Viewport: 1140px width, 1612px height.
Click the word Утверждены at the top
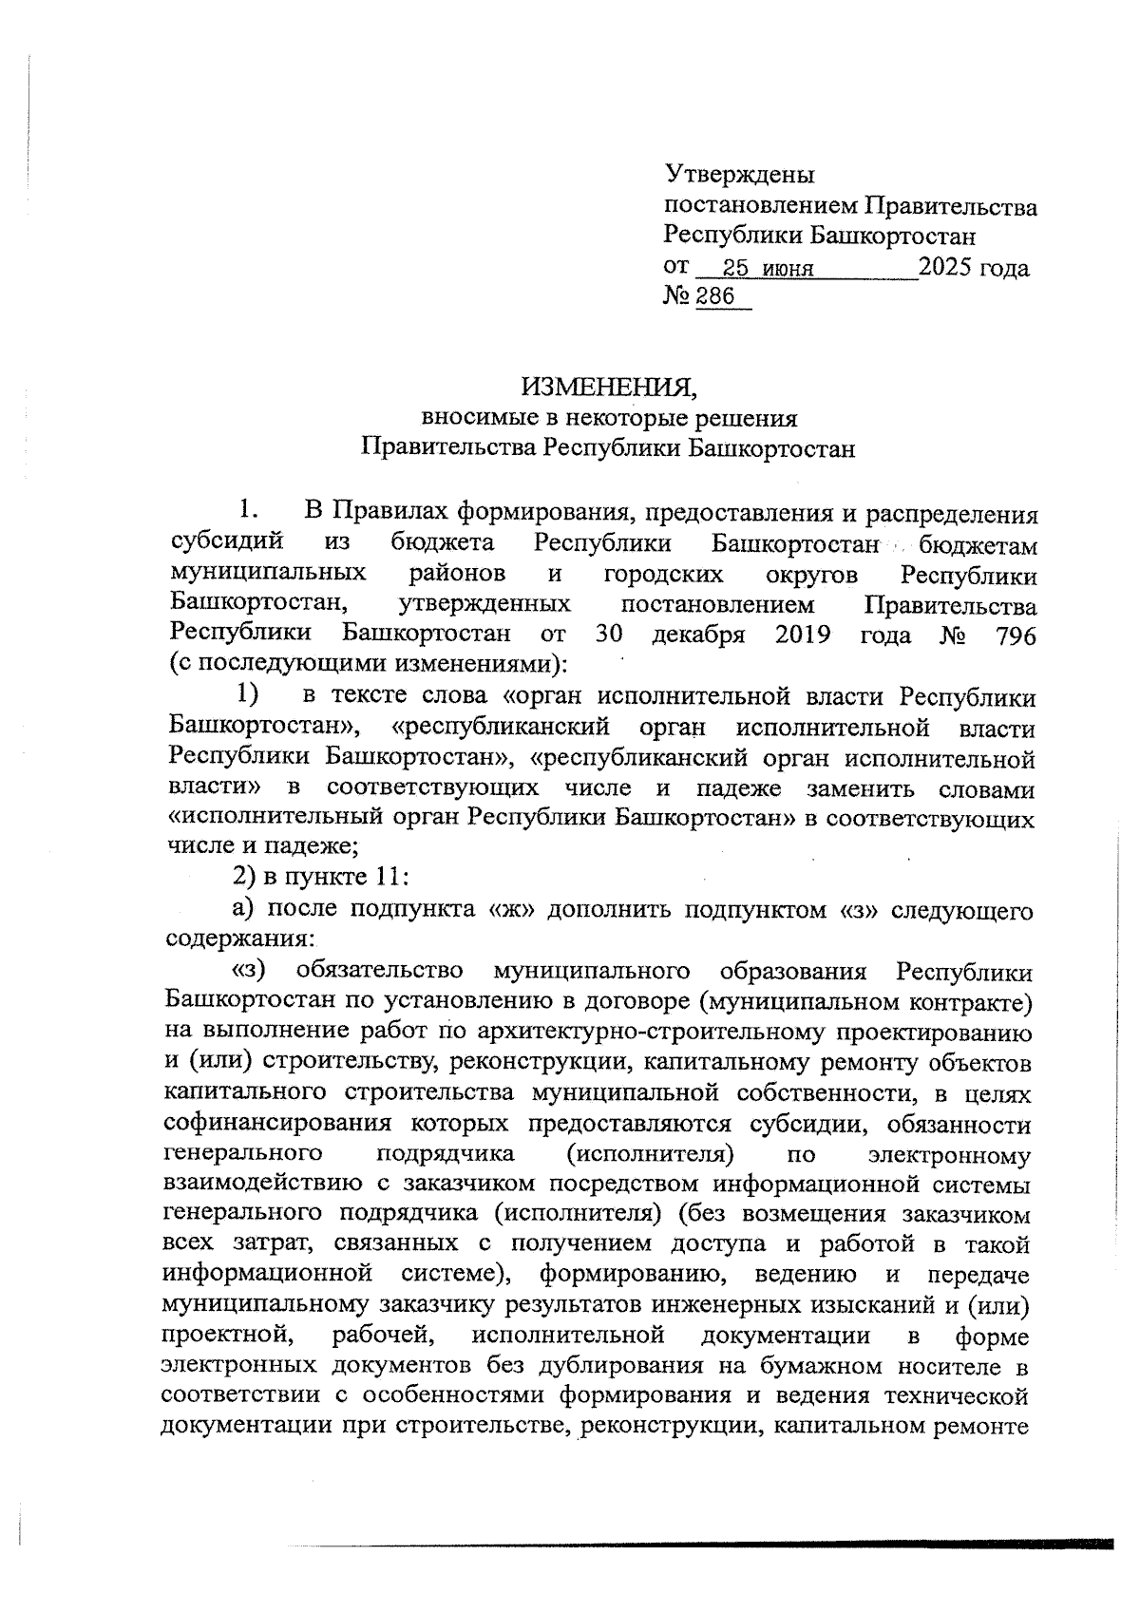pos(739,175)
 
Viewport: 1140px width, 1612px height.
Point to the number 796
pos(1015,635)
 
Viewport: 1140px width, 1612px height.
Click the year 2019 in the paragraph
pos(803,635)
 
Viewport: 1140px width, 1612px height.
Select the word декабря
pos(698,635)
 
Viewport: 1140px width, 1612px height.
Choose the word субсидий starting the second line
pos(227,544)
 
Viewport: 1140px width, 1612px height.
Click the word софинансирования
pos(276,1124)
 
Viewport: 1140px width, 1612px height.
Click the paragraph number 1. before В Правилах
pos(249,511)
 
